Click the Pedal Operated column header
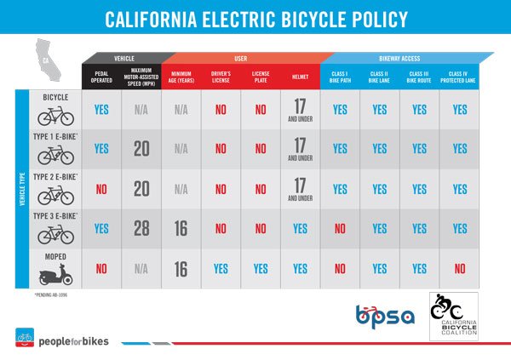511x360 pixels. pos(101,77)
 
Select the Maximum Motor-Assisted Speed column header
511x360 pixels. pos(141,77)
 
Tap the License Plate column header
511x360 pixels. pos(261,77)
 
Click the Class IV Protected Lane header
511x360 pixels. pos(460,77)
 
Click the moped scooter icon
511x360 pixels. pos(56,274)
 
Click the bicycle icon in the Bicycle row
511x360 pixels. pos(56,117)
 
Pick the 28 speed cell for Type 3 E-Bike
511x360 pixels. pos(141,228)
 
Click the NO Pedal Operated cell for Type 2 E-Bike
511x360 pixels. pos(101,189)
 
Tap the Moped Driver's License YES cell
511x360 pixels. pos(221,268)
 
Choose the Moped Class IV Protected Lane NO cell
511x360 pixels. pos(460,268)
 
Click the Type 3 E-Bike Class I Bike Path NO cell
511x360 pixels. pos(340,228)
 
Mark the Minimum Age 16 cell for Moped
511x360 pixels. pos(181,268)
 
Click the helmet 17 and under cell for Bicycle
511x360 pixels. pos(300,110)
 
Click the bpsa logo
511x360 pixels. pos(384,315)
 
